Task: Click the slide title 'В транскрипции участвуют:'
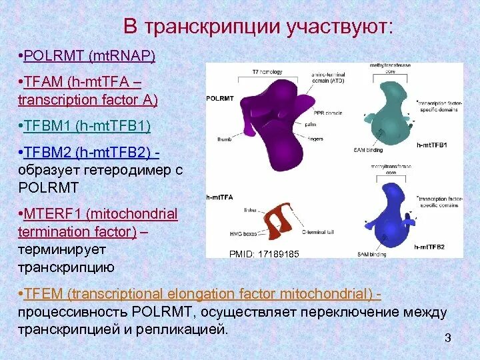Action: (x=259, y=27)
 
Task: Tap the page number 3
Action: (x=448, y=339)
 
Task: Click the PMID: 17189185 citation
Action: (x=264, y=254)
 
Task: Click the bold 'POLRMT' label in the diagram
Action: (x=221, y=97)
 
